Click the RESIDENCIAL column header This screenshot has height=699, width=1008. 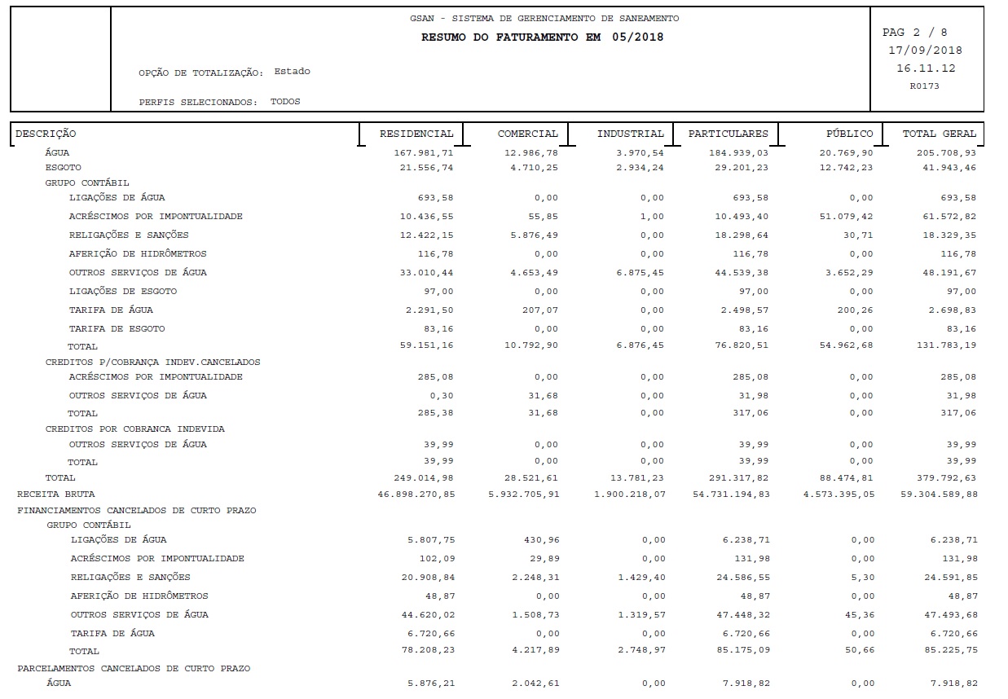point(416,134)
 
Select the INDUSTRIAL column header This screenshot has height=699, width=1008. point(630,134)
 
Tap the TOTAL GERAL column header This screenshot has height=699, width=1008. point(939,134)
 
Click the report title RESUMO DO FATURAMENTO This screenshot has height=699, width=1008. point(542,37)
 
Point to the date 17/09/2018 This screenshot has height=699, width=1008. point(925,51)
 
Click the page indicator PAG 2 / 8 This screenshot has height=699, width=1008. point(914,33)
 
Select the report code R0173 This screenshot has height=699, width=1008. point(925,86)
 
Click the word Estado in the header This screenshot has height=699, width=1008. point(292,72)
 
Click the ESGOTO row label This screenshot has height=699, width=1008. point(64,168)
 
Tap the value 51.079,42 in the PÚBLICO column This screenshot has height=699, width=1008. point(845,217)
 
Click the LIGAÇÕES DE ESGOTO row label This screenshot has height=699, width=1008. point(122,292)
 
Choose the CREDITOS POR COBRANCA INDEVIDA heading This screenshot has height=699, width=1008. point(135,429)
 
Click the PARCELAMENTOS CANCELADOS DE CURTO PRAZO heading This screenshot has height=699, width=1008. point(134,669)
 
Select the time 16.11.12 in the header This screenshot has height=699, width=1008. point(926,68)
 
